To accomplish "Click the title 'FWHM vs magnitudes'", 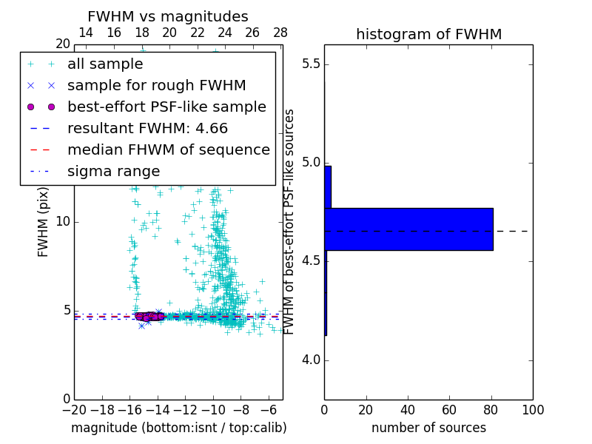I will click(x=168, y=16).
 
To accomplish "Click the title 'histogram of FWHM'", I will click(x=428, y=34).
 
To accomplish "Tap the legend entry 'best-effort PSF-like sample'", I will click(x=166, y=107).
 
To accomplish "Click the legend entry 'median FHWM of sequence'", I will click(x=169, y=150).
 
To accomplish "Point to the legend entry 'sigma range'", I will click(x=113, y=172).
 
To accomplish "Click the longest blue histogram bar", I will click(x=408, y=229).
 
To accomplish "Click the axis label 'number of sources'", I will click(x=428, y=428).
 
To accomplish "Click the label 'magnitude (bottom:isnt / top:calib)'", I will click(x=178, y=428).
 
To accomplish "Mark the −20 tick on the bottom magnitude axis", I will click(x=74, y=409).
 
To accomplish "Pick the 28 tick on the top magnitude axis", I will click(x=280, y=33).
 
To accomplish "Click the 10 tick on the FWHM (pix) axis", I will click(x=63, y=222).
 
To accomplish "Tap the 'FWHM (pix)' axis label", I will click(x=43, y=222).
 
